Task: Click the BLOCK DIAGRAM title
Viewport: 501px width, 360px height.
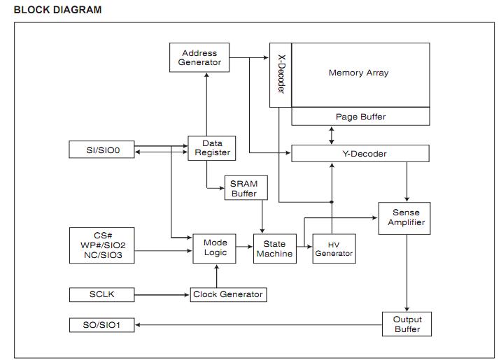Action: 57,10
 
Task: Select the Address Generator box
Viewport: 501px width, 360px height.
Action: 199,57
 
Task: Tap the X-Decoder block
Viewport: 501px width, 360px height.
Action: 281,75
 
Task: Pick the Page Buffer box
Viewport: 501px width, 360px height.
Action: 360,117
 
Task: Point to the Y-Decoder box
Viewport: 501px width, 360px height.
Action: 360,154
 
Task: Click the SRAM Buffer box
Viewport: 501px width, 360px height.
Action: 244,189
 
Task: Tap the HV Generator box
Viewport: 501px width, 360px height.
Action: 334,248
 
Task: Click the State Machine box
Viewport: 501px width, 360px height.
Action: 274,249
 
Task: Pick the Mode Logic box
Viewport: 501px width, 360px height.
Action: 216,248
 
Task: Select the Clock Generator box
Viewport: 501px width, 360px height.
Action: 228,294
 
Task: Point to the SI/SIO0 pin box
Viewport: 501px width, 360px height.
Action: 101,150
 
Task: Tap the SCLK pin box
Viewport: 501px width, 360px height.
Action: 101,294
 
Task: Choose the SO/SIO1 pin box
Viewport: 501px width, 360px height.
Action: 101,325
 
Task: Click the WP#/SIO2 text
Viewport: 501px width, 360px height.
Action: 103,245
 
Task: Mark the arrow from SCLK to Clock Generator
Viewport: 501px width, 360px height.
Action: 162,294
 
